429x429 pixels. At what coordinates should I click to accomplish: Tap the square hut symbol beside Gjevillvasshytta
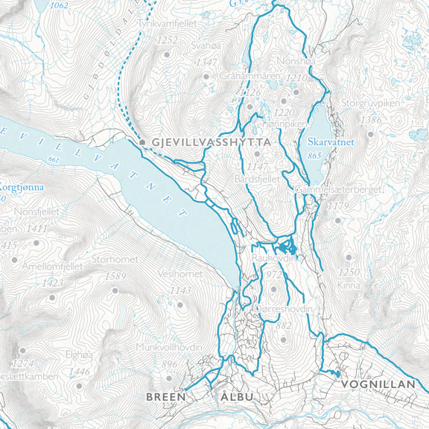[142, 140]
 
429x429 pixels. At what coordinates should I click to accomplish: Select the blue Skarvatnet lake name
[329, 141]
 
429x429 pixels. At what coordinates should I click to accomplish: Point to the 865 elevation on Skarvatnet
[314, 156]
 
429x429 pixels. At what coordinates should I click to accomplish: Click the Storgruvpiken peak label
[371, 105]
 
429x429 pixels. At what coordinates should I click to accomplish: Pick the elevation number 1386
[370, 120]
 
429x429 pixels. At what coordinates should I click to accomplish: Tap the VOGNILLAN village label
[378, 384]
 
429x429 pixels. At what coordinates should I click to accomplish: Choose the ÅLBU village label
[237, 397]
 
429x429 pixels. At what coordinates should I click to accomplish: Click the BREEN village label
[165, 397]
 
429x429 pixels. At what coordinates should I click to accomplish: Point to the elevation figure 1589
[115, 276]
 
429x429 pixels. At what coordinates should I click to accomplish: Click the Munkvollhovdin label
[169, 348]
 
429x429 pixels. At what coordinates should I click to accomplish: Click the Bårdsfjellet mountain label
[256, 179]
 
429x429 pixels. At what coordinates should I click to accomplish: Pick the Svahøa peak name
[204, 45]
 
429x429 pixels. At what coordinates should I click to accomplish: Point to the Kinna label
[348, 285]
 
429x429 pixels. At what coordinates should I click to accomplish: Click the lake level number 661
[52, 159]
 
